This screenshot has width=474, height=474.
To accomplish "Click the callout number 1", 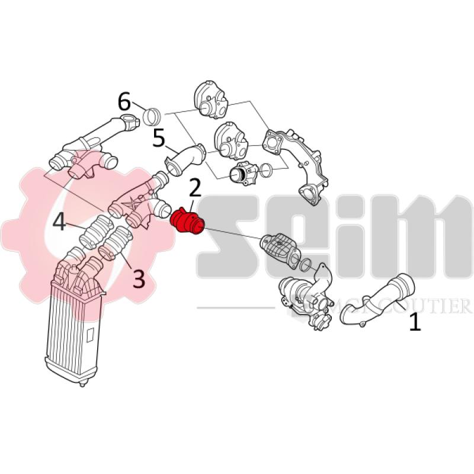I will [x=415, y=322].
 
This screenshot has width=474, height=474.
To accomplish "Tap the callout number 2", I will [x=196, y=189].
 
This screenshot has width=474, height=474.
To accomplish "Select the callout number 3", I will [x=138, y=278].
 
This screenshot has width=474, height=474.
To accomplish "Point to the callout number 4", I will [x=59, y=223].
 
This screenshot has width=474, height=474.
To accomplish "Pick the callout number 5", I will [x=159, y=139].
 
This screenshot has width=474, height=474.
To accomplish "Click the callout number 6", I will [x=124, y=102].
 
